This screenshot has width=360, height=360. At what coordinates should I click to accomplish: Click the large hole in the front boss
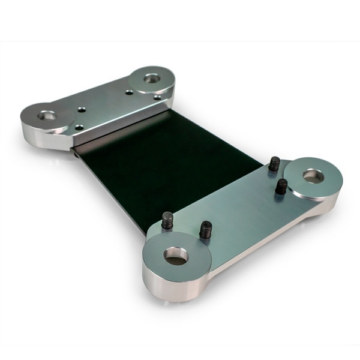[176, 256]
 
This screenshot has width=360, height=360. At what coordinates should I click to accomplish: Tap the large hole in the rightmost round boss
[313, 176]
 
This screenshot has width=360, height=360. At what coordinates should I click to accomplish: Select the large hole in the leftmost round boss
[47, 114]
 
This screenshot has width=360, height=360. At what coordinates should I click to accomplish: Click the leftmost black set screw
[167, 220]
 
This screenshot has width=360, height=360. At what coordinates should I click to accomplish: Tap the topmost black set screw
[275, 163]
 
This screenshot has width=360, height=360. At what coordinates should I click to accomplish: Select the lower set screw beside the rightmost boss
[281, 186]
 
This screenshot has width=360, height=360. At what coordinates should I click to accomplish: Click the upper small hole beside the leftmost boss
[82, 109]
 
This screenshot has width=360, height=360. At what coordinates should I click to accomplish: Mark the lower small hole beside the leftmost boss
[79, 127]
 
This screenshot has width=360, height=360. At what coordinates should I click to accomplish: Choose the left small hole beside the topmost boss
[129, 92]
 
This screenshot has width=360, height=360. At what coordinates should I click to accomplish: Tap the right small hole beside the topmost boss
[157, 97]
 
